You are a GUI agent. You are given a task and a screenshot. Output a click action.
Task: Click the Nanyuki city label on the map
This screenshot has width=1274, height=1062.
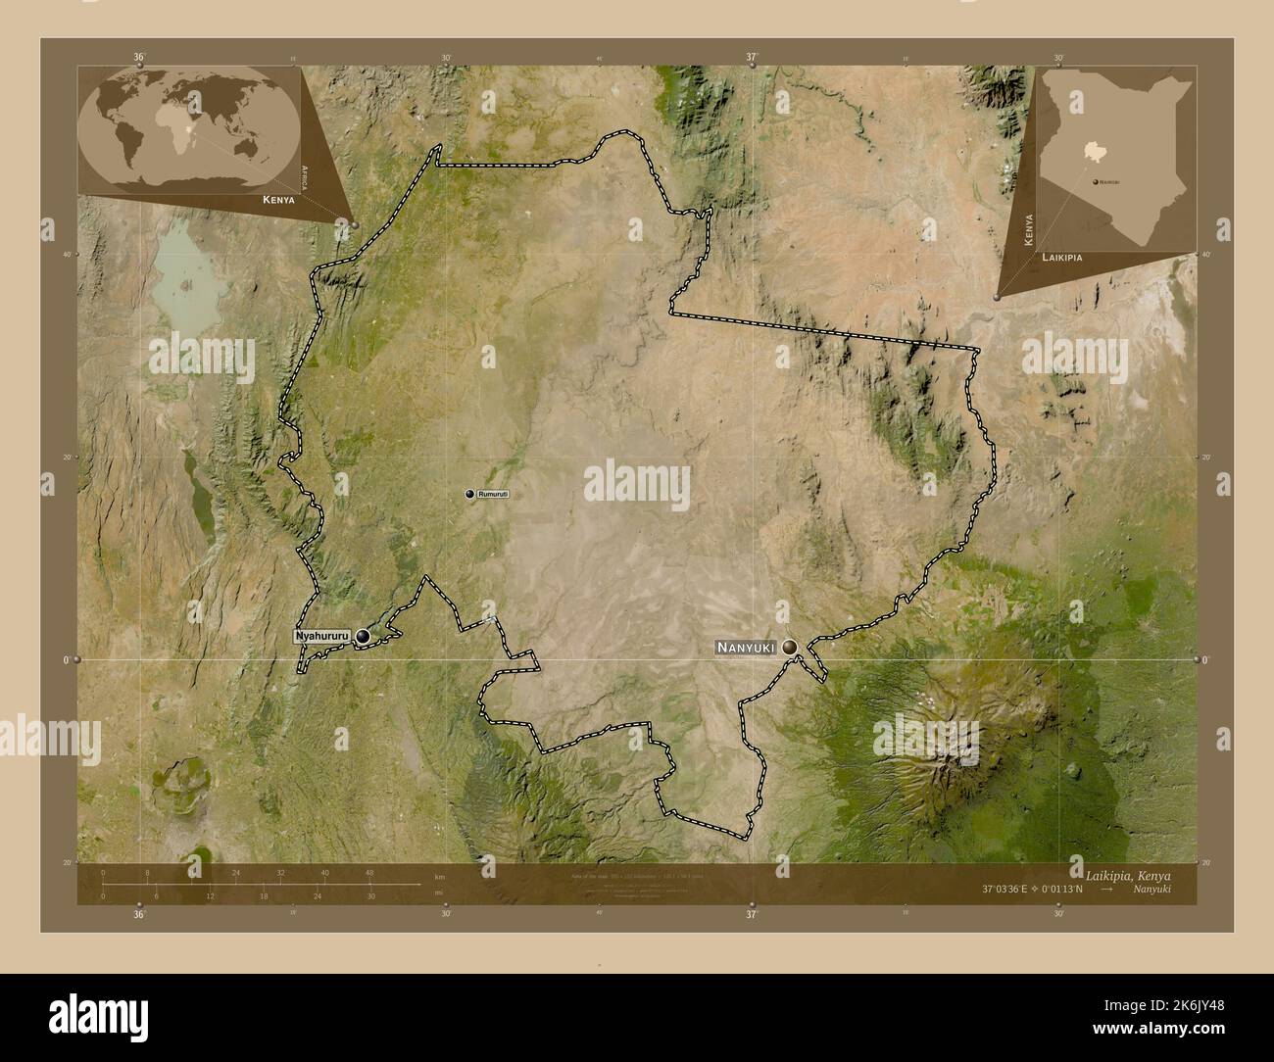pos(747,648)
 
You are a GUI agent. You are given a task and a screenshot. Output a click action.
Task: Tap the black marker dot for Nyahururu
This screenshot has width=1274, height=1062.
pos(364,637)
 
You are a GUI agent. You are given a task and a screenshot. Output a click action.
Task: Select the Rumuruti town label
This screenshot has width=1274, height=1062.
pos(493,494)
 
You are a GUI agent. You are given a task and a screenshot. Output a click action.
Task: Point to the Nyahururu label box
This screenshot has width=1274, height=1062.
pos(322,637)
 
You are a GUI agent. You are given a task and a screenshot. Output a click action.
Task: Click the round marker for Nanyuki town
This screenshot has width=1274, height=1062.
pos(790,647)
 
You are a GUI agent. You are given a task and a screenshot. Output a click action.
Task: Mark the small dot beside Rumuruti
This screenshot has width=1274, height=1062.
pos(469,494)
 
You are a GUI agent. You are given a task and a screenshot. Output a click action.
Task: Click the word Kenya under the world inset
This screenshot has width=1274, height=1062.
pos(278,199)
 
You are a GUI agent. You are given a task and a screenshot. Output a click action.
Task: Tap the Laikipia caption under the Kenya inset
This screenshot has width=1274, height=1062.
pos(1063,256)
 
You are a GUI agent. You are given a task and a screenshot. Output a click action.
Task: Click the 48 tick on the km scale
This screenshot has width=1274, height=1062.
pos(368,872)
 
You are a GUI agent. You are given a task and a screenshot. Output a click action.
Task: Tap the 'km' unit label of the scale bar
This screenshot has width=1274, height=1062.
pos(440,874)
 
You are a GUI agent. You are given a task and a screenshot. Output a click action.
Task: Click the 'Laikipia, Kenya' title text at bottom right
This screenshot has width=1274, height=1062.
pos(1127,874)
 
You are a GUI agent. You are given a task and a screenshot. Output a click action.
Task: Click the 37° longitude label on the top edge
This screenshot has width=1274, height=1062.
pos(752,58)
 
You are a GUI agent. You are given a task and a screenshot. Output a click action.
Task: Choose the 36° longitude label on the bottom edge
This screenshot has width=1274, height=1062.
pos(139,914)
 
